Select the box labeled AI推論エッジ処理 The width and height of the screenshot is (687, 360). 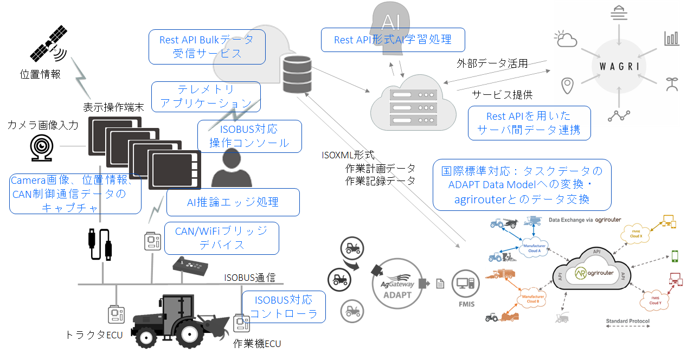click(x=233, y=202)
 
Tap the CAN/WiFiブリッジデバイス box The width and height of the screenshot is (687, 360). click(x=221, y=238)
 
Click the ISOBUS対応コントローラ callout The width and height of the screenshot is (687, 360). click(x=284, y=306)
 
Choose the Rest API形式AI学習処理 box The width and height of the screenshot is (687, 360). click(x=393, y=40)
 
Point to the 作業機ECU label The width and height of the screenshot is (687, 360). click(x=257, y=343)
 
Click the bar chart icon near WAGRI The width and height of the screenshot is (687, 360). click(x=671, y=38)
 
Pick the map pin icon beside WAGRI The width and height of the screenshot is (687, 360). click(x=567, y=86)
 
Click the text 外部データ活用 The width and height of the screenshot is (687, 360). click(x=492, y=63)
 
